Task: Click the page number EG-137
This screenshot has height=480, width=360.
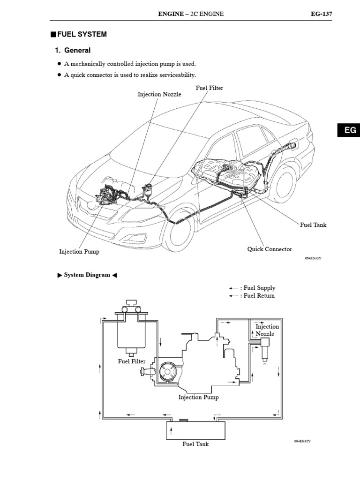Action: pos(321,14)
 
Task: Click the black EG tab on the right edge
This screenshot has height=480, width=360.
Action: pos(350,130)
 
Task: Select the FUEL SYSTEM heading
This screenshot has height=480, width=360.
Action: pos(82,34)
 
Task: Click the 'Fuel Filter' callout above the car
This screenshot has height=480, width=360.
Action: pos(209,88)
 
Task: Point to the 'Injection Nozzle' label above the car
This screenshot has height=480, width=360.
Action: pos(159,94)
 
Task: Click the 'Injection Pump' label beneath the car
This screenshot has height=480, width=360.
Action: pos(79,252)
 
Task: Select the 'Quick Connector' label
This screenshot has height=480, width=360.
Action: pos(270,249)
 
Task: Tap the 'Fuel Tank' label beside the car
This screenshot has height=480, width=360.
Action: pos(313,225)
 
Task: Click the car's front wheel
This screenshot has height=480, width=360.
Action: pos(179,230)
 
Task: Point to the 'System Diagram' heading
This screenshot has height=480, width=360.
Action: pos(87,275)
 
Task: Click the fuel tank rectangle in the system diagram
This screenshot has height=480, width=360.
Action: pos(195,430)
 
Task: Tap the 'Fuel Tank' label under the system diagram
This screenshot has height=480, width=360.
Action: pos(195,444)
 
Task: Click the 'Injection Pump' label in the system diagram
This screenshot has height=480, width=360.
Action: pos(198,397)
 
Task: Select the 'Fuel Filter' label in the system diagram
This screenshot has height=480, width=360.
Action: pos(132,361)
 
